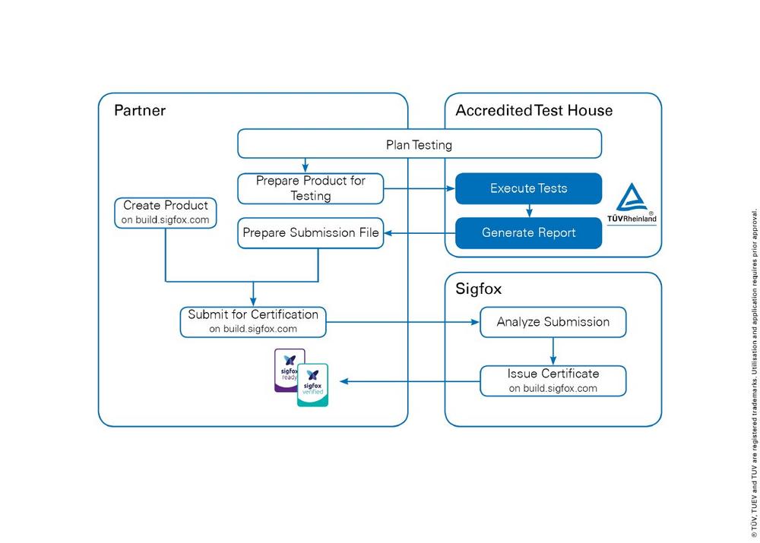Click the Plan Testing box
pos(420,144)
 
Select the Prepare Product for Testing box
pos(310,188)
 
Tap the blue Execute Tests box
pos(528,188)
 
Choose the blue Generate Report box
pos(528,233)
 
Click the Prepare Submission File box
pos(310,233)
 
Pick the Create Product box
pos(165,213)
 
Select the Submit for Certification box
pos(253,322)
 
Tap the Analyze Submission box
pos(553,322)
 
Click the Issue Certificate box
pos(553,380)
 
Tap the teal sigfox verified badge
pos(312,385)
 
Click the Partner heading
pos(140,110)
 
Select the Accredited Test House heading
pos(534,110)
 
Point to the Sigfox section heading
pos(478,289)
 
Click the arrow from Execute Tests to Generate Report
pos(529,210)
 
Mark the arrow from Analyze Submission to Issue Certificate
pos(553,351)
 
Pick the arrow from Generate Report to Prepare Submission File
pos(420,233)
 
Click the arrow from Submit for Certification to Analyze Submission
pos(403,322)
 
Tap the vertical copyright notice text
pos(754,373)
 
